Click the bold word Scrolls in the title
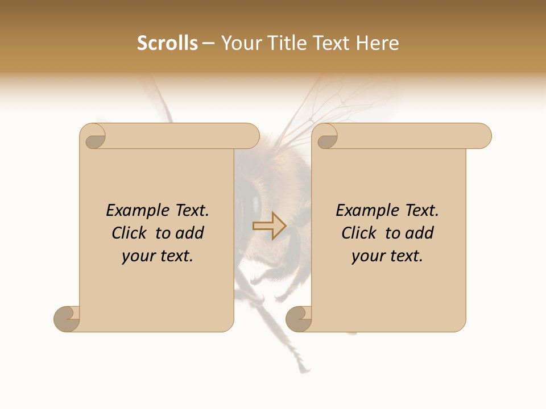[167, 43]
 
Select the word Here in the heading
[378, 43]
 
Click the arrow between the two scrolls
[269, 226]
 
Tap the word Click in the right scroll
[359, 233]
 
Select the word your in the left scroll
[137, 256]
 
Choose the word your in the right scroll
[367, 256]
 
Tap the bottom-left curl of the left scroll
[66, 318]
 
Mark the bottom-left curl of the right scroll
[298, 318]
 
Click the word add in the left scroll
[189, 233]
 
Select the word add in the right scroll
[419, 233]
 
